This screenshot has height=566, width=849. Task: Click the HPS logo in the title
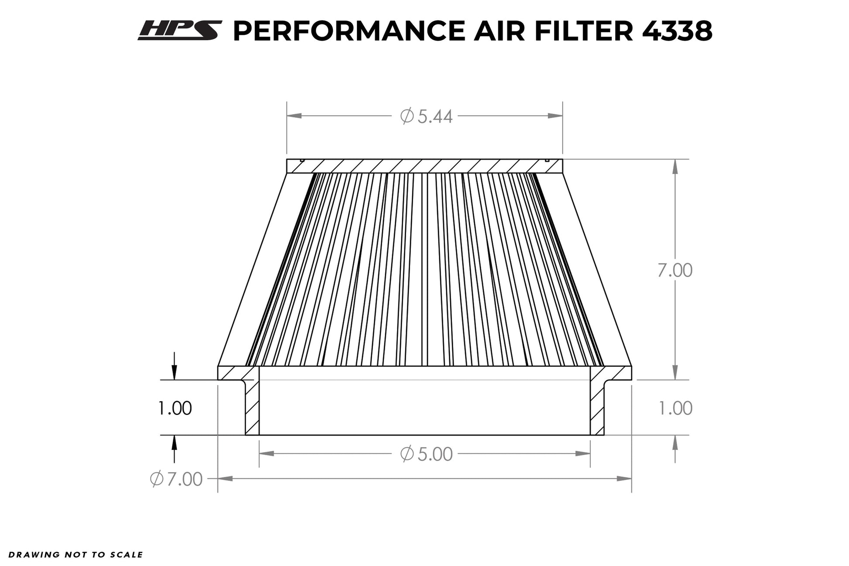[x=180, y=31]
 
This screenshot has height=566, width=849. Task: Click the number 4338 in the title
[x=677, y=31]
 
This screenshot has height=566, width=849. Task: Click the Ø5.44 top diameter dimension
[x=426, y=117]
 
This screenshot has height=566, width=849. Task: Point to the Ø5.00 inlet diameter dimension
[x=426, y=454]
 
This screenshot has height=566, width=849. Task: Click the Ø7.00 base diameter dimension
[x=176, y=479]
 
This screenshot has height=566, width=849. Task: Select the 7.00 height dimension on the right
[x=675, y=271]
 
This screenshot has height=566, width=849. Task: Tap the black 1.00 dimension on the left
[x=175, y=408]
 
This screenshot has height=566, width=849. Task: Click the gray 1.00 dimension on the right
[x=675, y=408]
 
